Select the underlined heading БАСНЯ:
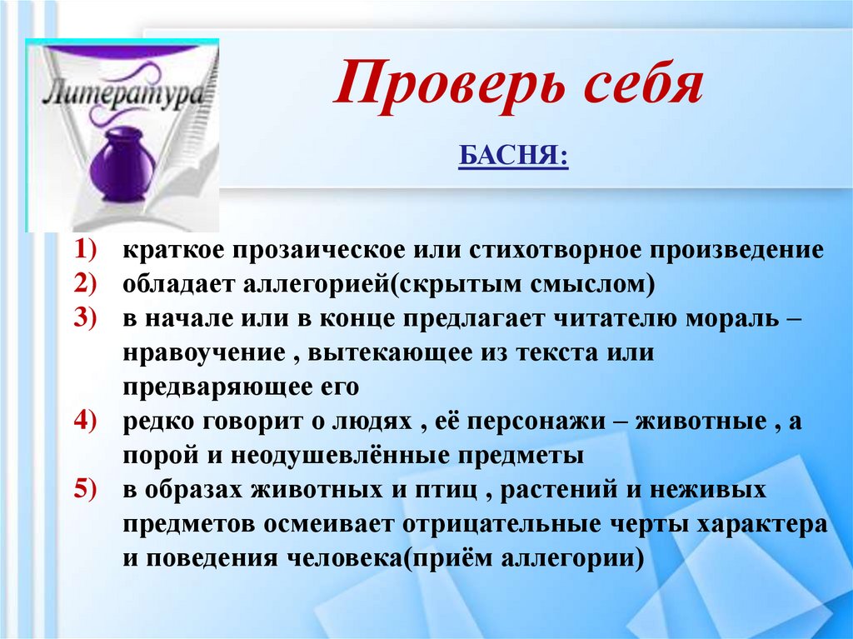512,156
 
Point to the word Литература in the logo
123,91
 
